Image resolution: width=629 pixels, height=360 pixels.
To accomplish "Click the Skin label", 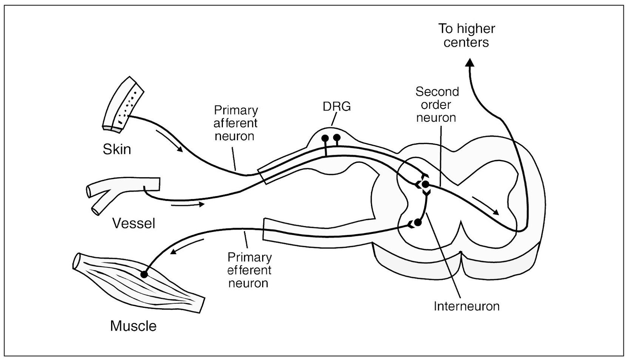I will [x=117, y=149].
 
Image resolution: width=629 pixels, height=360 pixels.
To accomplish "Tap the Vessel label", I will [x=134, y=223].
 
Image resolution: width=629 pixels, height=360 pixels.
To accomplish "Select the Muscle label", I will [x=133, y=326].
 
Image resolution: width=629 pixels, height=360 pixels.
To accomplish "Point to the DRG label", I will [x=337, y=107].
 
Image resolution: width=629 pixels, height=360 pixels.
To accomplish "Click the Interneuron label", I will [x=466, y=306].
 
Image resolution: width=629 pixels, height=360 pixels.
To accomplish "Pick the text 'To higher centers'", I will [x=467, y=35].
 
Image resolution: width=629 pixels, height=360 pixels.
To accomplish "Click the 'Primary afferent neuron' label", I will [x=235, y=123].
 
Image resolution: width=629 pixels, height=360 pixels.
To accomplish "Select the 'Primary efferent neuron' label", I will [x=249, y=270].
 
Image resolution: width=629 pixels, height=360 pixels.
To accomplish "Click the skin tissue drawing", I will [x=123, y=104].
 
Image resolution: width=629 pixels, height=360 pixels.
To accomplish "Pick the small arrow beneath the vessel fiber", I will [x=187, y=205].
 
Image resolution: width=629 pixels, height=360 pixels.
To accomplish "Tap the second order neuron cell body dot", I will [x=425, y=185].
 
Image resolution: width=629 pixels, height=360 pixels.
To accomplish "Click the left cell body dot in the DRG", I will [x=325, y=138].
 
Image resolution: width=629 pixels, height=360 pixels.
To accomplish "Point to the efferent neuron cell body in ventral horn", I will [x=417, y=223].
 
